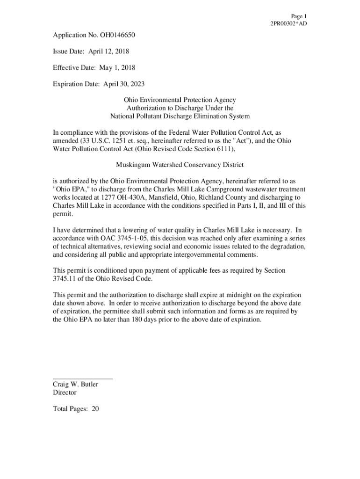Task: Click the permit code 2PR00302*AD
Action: (289, 23)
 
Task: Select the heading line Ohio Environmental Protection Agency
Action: (180, 100)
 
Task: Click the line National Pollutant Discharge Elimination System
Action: (180, 116)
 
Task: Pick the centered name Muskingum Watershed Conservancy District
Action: (180, 165)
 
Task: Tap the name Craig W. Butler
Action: (75, 385)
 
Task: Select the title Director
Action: (65, 393)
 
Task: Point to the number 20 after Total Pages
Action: (95, 409)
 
